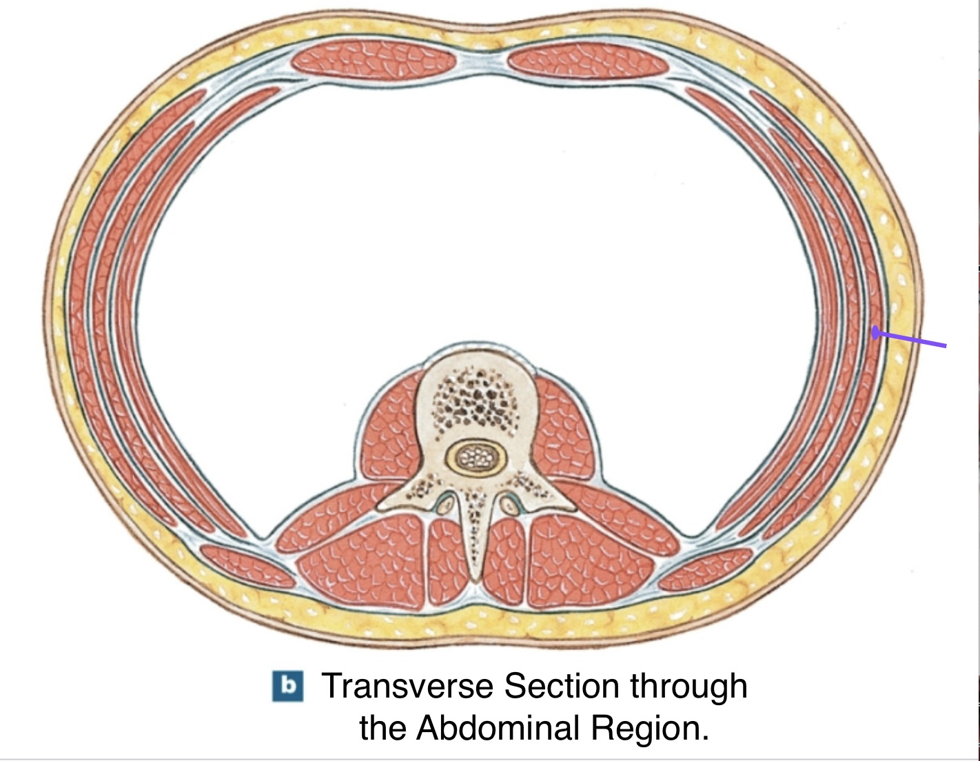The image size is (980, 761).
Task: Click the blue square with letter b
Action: pyautogui.click(x=288, y=686)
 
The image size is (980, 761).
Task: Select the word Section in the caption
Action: pyautogui.click(x=561, y=686)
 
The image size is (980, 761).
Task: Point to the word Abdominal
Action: pyautogui.click(x=498, y=728)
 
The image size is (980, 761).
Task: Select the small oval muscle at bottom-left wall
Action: pyautogui.click(x=247, y=566)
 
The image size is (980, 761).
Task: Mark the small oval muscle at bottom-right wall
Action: pyautogui.click(x=705, y=569)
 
